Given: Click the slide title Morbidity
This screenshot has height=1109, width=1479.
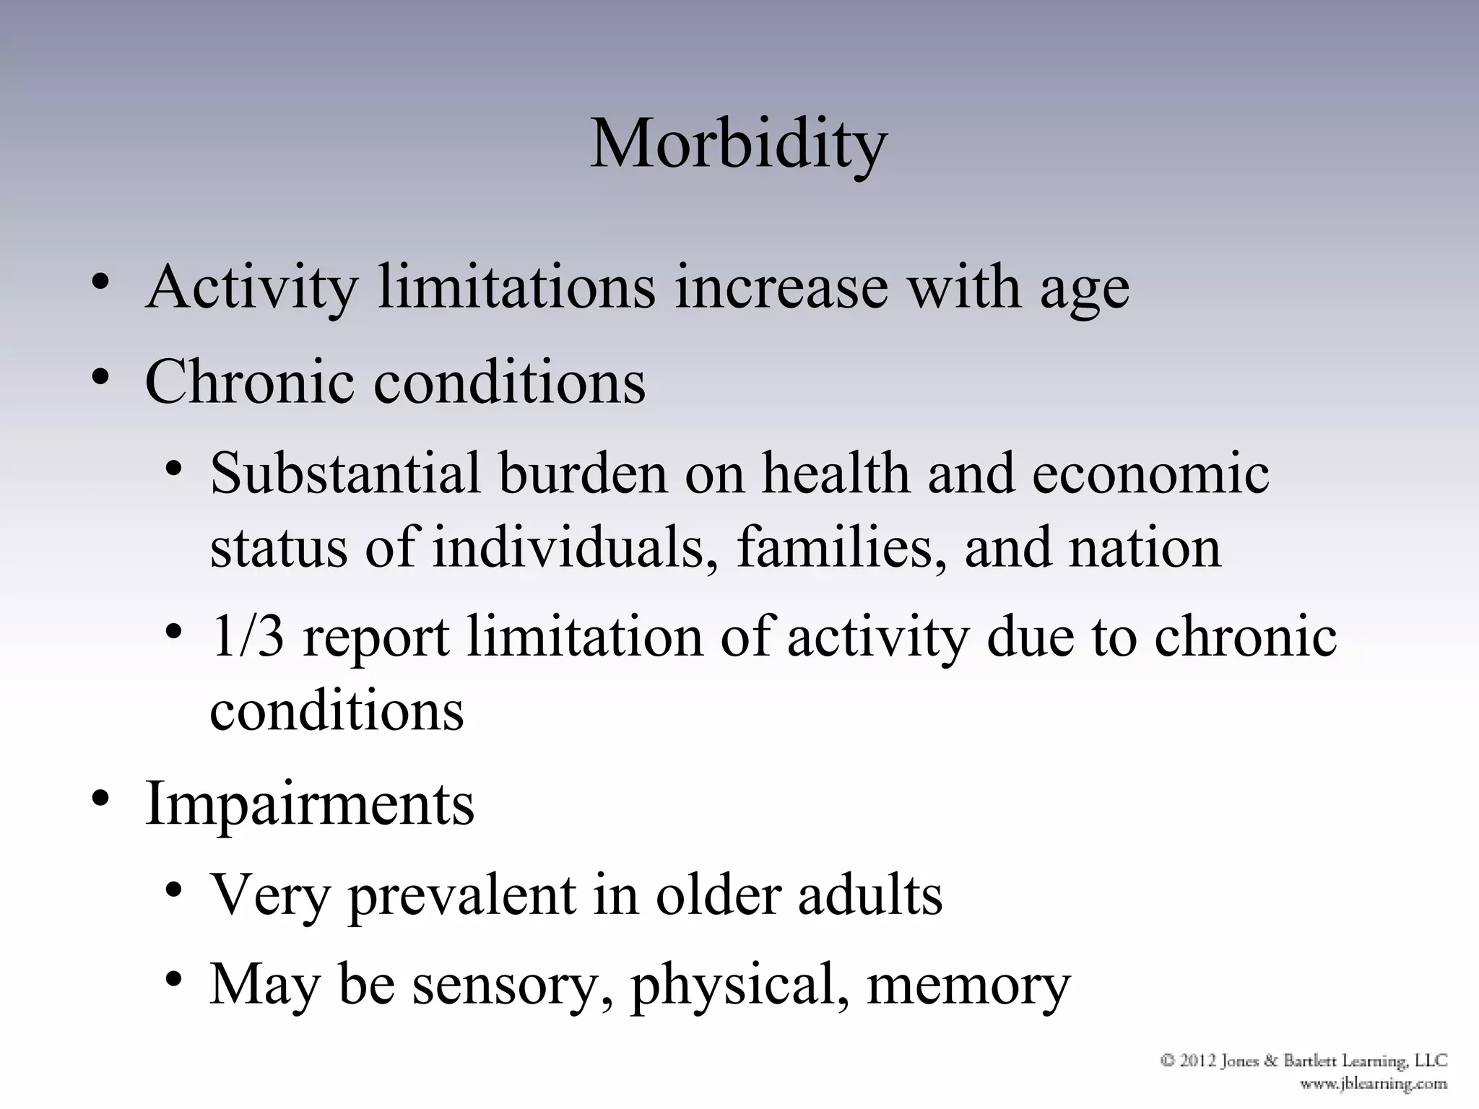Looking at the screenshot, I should (738, 144).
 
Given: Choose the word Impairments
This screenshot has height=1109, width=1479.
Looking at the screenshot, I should (309, 804).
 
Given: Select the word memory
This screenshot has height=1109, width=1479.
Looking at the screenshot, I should (968, 986).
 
